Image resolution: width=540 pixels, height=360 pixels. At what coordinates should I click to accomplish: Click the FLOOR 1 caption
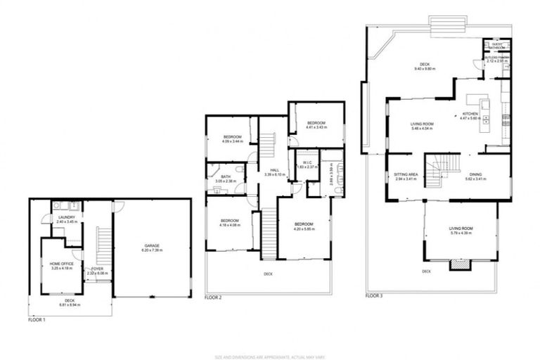pos(37,320)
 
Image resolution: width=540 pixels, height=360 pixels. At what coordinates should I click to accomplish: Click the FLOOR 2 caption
pos(213,298)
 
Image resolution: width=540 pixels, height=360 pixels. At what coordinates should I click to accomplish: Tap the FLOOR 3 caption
pos(375,296)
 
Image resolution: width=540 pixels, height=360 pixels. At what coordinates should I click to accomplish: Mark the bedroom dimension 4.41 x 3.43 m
pos(315,127)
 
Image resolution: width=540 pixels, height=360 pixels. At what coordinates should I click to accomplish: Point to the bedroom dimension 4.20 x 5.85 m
pos(304,228)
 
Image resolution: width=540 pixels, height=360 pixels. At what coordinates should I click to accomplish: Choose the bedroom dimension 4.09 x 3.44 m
pos(233,141)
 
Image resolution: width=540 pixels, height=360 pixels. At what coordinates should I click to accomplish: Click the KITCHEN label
pos(470,114)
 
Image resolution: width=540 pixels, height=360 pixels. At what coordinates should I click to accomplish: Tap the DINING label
pos(476,174)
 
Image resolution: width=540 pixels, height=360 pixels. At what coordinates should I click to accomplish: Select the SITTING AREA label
pos(406,174)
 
